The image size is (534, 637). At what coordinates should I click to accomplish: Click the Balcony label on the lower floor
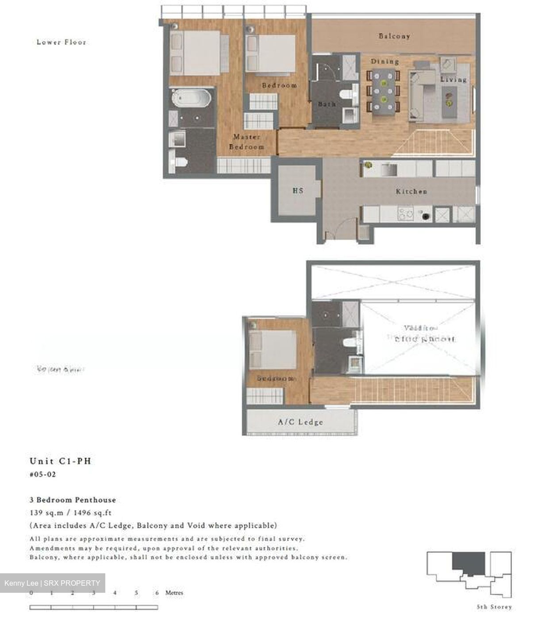click(394, 36)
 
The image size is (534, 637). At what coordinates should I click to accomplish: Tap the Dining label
click(384, 61)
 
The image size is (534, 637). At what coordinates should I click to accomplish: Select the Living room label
click(453, 80)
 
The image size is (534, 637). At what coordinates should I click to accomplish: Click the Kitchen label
click(411, 192)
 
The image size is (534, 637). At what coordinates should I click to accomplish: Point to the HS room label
click(298, 191)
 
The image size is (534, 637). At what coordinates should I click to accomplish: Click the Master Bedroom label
click(246, 142)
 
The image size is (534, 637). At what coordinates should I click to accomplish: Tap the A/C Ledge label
click(300, 422)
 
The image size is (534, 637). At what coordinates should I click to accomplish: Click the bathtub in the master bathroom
click(192, 98)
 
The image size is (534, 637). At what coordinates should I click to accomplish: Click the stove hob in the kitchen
click(406, 214)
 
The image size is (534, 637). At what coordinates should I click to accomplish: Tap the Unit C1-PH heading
click(60, 461)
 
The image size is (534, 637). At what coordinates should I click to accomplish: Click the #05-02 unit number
click(43, 475)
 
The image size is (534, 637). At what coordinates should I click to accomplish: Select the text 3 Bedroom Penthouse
click(73, 500)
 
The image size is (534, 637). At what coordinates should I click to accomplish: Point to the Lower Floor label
click(61, 42)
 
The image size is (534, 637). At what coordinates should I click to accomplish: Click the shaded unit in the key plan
click(468, 563)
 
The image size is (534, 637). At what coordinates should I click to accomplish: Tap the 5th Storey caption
click(494, 607)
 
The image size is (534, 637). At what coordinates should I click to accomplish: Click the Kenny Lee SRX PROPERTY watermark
click(52, 583)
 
